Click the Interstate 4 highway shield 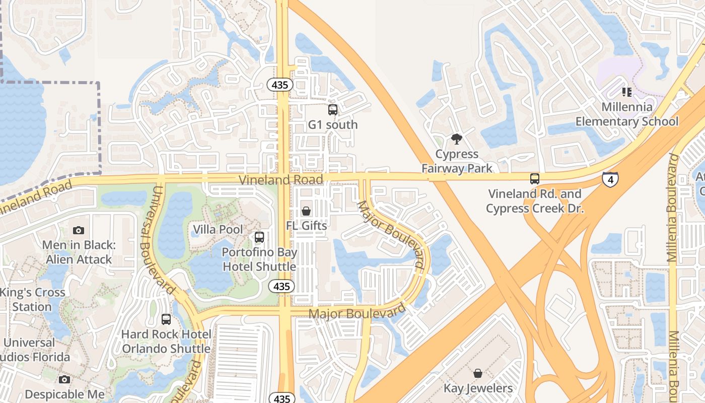tap(610, 179)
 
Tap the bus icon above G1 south tap(333, 109)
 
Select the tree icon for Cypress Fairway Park tap(457, 139)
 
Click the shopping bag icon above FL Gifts tap(306, 211)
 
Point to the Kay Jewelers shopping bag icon tap(478, 373)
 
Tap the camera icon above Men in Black tap(79, 230)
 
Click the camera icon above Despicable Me tap(64, 379)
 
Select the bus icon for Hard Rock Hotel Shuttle tap(166, 319)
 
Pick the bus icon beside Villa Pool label tap(259, 237)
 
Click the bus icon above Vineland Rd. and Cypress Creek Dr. tap(535, 178)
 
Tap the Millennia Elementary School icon tap(626, 92)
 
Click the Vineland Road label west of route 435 tap(280, 180)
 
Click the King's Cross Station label tap(33, 299)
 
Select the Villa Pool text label tap(218, 230)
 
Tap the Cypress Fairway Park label tap(457, 161)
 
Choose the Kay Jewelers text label tap(478, 388)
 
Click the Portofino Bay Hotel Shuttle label tap(259, 259)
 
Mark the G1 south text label tap(333, 124)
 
